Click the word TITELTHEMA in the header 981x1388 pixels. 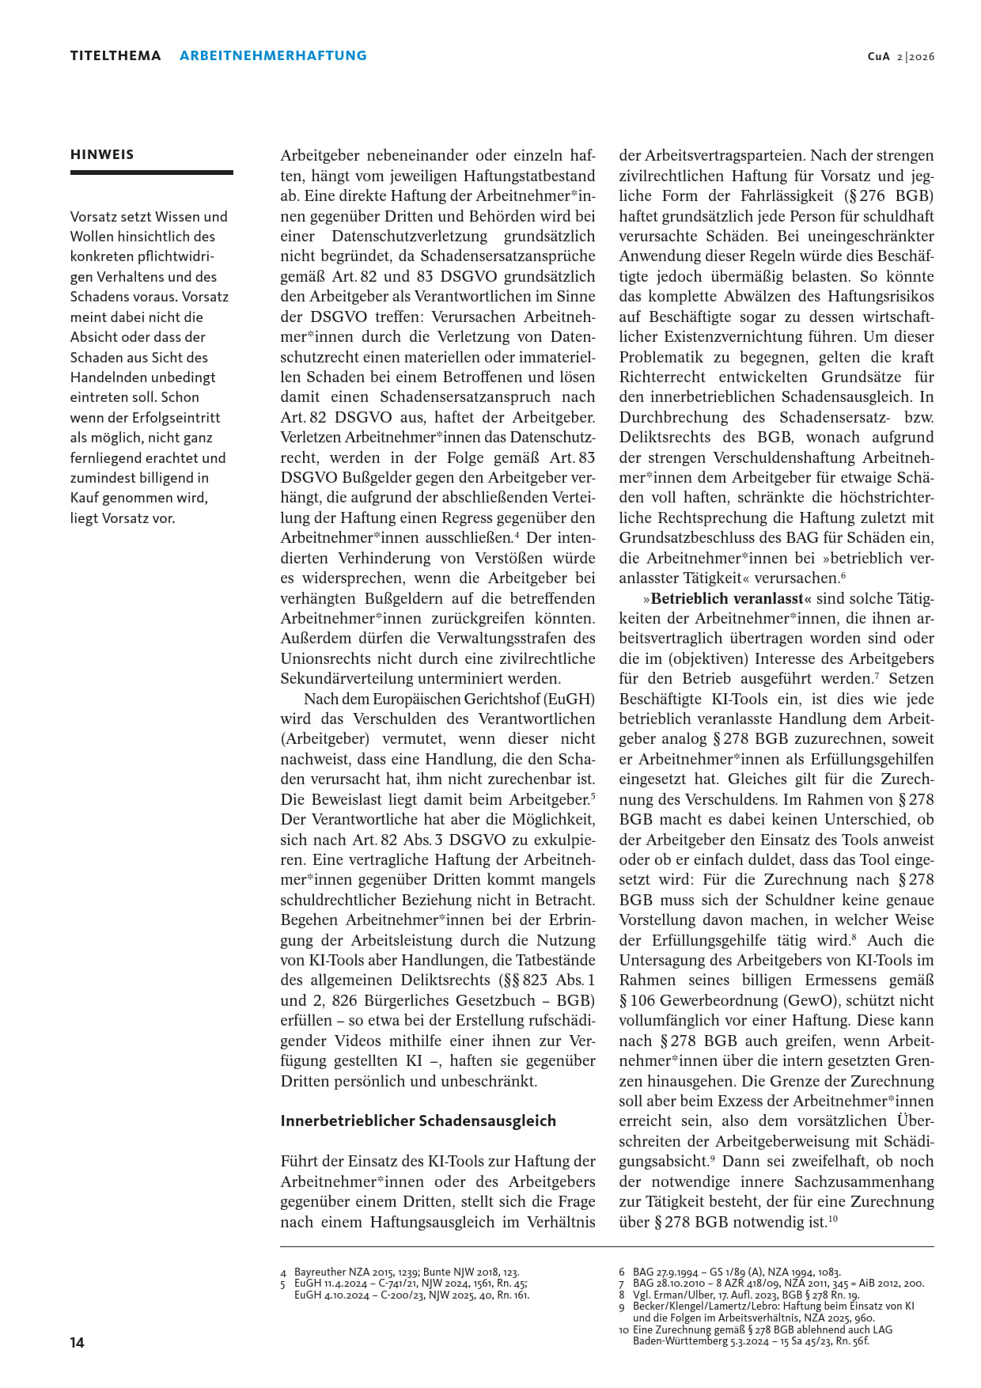click(x=116, y=55)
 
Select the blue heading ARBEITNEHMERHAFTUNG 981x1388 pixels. click(x=273, y=55)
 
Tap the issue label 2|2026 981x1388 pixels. click(x=915, y=56)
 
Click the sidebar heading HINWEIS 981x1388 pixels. click(x=102, y=154)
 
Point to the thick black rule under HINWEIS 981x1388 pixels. click(x=151, y=172)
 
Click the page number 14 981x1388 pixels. click(x=77, y=1342)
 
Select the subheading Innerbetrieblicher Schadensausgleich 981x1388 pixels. click(x=418, y=1121)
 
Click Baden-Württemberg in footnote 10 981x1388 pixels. click(x=680, y=1341)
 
